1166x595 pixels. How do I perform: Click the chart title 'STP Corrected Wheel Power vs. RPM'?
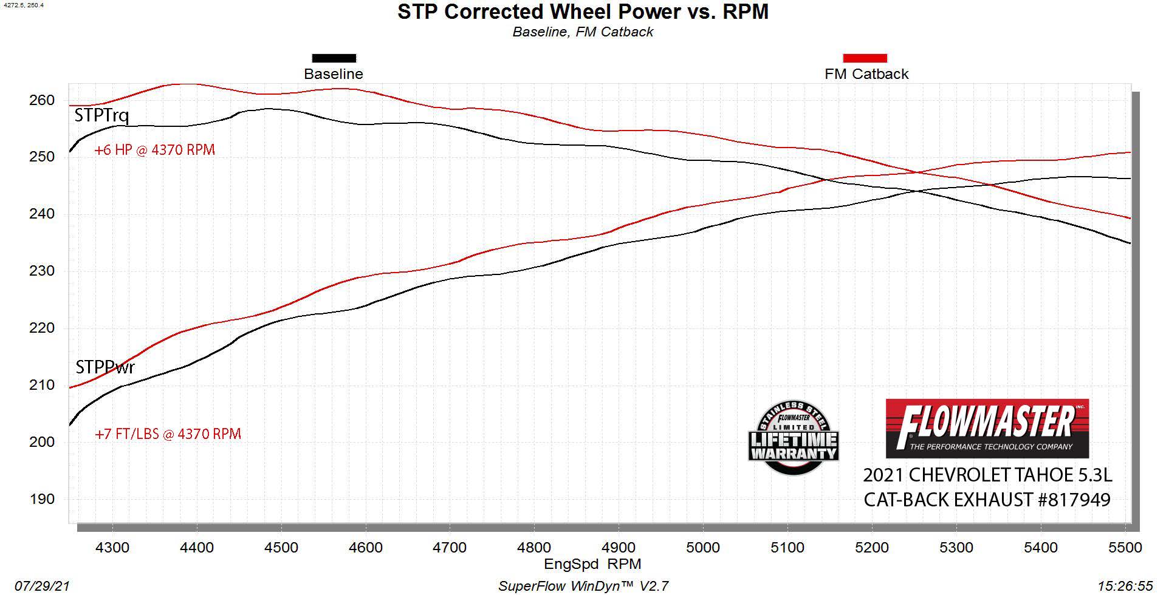[x=583, y=12]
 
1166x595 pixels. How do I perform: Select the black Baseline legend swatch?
[x=334, y=58]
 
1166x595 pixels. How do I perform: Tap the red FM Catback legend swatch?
[x=865, y=58]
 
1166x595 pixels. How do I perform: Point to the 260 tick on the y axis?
[x=42, y=100]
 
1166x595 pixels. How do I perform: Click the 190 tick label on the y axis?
[x=42, y=499]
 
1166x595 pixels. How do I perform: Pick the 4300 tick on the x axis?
[x=112, y=548]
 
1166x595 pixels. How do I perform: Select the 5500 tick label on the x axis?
[x=1125, y=548]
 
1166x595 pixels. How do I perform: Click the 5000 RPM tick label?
[x=703, y=548]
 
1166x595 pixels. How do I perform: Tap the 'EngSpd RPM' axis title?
[x=592, y=564]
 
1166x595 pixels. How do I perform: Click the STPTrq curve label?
[x=101, y=115]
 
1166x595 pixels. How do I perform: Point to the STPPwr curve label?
[x=105, y=367]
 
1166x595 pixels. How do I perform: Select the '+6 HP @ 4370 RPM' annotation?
[x=155, y=150]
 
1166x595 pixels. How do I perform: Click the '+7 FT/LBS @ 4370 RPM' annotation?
[x=168, y=434]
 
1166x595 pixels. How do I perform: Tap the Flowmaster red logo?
[x=987, y=428]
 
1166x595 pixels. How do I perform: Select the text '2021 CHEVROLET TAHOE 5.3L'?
[x=987, y=475]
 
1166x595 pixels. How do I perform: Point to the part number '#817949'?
[x=1074, y=500]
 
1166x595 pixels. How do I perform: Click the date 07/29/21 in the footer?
[x=42, y=586]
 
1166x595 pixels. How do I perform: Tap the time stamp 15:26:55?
[x=1125, y=586]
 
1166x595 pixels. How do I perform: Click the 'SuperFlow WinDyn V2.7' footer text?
[x=583, y=586]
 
